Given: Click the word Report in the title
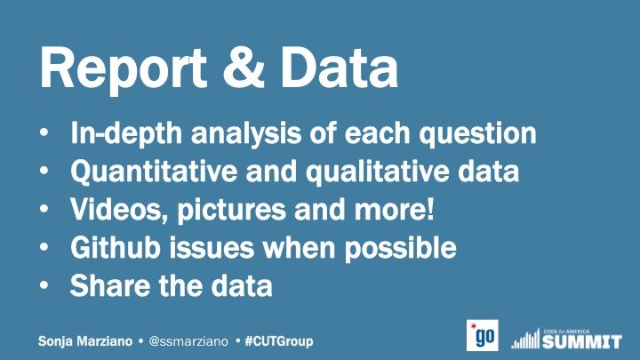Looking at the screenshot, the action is (x=124, y=69).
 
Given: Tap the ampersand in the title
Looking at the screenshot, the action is (x=244, y=67).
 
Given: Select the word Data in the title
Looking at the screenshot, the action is (x=339, y=68).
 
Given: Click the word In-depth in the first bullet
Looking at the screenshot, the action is (x=126, y=133).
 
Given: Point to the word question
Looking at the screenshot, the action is (x=478, y=133).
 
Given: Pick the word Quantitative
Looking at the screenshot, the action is (x=154, y=172).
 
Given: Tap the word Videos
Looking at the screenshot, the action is (x=119, y=210).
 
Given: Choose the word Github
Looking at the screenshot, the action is (x=115, y=247).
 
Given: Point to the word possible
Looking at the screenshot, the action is (x=401, y=248).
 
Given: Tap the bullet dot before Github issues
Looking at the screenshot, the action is (x=44, y=247).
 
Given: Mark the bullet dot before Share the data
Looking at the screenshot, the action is (x=44, y=285).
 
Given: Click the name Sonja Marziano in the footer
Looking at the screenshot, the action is (x=85, y=341).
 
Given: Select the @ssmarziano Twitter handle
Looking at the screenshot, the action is (x=188, y=341).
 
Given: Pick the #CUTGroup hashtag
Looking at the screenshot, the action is (x=279, y=341).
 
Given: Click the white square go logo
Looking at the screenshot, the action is (x=483, y=335).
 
